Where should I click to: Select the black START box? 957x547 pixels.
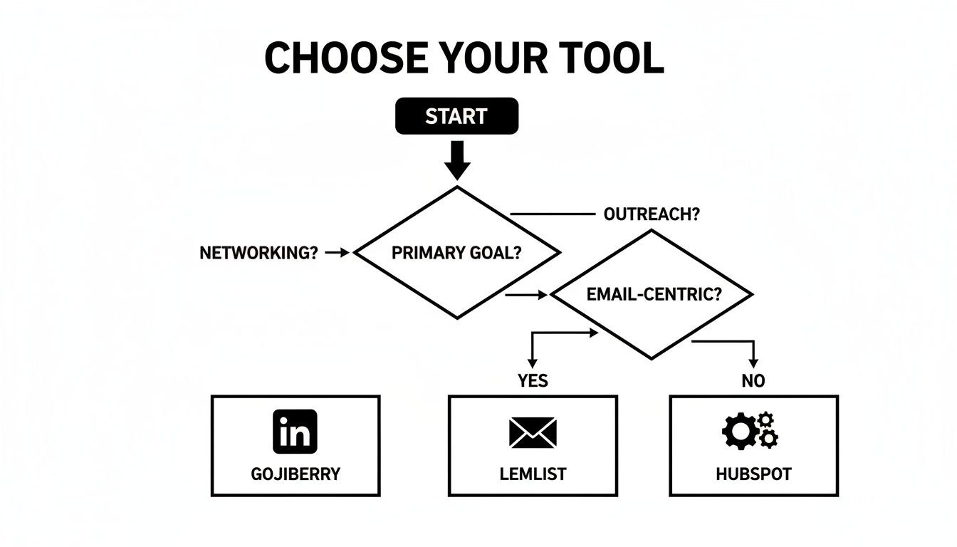point(456,116)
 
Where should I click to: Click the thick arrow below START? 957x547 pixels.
point(456,160)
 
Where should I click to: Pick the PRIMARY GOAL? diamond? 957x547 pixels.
point(456,252)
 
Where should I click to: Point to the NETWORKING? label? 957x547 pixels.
point(258,253)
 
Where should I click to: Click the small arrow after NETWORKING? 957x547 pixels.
point(338,252)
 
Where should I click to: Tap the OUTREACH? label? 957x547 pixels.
point(651,214)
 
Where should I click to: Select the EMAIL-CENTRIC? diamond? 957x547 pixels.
point(652,294)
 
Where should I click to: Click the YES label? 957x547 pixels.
point(533,381)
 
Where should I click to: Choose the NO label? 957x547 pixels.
point(753,381)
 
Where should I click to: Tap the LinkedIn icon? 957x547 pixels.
point(295,432)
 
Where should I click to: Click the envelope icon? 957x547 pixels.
point(533,432)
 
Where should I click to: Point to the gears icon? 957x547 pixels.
point(751,430)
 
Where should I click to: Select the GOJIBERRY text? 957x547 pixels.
point(296,474)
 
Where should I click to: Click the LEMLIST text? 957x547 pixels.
point(533,474)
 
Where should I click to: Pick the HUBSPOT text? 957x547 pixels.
point(753,474)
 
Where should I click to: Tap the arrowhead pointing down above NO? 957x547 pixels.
point(753,363)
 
